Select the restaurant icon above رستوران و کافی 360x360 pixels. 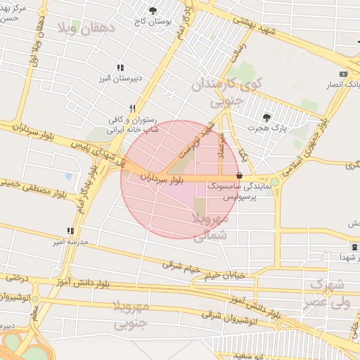(131, 109)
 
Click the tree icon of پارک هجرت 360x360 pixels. (266, 117)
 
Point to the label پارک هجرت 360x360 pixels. (270, 128)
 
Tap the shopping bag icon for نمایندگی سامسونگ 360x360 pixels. (240, 175)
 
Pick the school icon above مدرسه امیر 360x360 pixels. (70, 230)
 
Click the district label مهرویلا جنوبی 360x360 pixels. (131, 314)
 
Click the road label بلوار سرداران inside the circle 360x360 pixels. (161, 178)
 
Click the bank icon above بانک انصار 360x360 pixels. (343, 74)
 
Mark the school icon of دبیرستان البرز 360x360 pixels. (120, 67)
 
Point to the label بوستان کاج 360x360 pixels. (153, 22)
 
